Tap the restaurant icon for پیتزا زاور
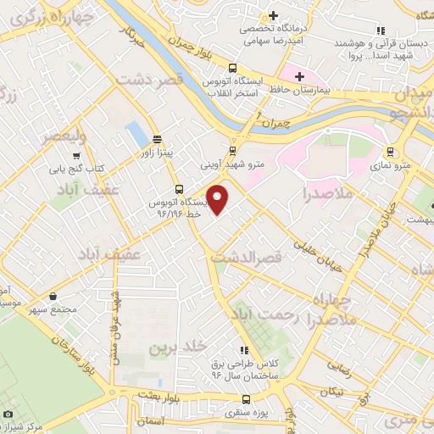coord(157,140)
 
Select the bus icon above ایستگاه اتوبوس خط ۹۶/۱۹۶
coord(178,189)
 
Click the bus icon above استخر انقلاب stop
coord(233,70)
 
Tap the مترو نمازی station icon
coord(390,153)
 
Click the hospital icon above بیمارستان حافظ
coord(299,76)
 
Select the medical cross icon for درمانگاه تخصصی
coord(273,15)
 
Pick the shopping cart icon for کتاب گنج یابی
coord(76,156)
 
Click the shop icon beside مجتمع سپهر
coord(54,297)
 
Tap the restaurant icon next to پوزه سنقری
coord(234,400)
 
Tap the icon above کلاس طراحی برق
coord(245,350)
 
